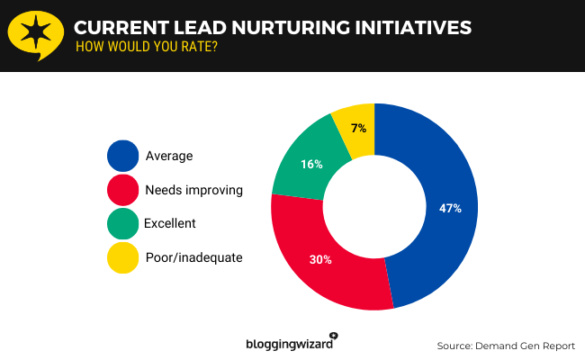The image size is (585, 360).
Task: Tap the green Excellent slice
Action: click(301, 166)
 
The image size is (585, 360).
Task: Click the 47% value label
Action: click(450, 208)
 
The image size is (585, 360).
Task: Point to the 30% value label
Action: click(321, 260)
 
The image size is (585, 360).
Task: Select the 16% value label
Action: click(312, 164)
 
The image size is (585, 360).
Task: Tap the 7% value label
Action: click(358, 129)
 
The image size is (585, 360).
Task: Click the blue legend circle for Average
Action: click(122, 156)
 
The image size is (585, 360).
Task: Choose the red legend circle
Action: click(122, 190)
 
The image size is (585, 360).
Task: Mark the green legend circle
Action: click(122, 223)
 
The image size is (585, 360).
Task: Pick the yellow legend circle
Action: click(122, 257)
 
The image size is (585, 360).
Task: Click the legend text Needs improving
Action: click(193, 190)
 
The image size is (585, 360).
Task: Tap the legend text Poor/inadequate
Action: click(193, 258)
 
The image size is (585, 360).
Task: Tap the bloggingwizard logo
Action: click(291, 343)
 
